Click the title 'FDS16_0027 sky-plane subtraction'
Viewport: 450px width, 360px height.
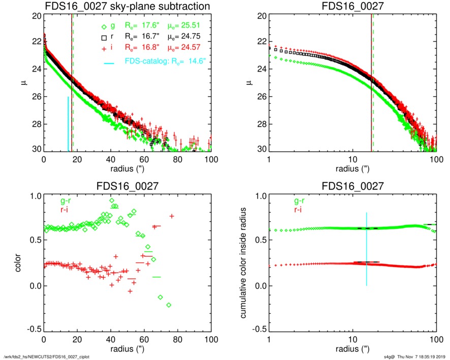coord(127,7)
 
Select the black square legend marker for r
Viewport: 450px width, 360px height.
coord(104,37)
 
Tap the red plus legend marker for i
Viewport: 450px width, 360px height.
coord(104,47)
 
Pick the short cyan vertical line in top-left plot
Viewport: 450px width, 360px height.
coord(68,124)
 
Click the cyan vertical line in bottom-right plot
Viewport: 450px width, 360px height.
coord(367,249)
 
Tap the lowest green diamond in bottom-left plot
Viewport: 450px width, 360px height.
coord(169,305)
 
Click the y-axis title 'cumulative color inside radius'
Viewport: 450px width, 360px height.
coord(244,263)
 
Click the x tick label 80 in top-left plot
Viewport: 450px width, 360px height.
coord(178,159)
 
